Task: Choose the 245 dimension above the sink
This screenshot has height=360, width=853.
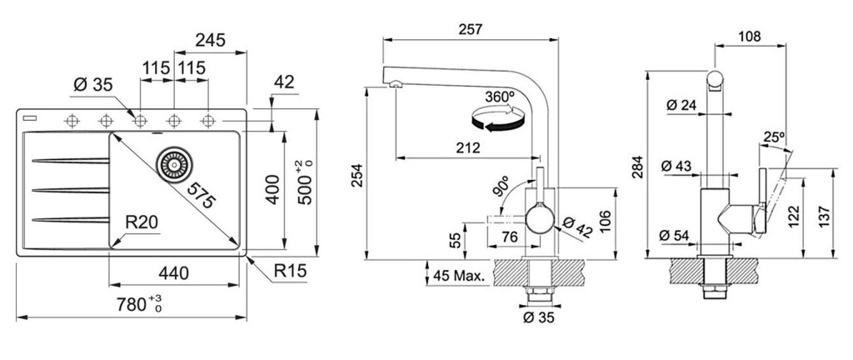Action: (x=212, y=40)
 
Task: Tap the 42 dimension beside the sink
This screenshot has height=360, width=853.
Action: (x=284, y=82)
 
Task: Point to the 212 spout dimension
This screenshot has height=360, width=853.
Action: (x=467, y=148)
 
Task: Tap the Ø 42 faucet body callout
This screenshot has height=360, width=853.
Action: (x=577, y=226)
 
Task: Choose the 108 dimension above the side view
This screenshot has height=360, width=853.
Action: (x=750, y=37)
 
